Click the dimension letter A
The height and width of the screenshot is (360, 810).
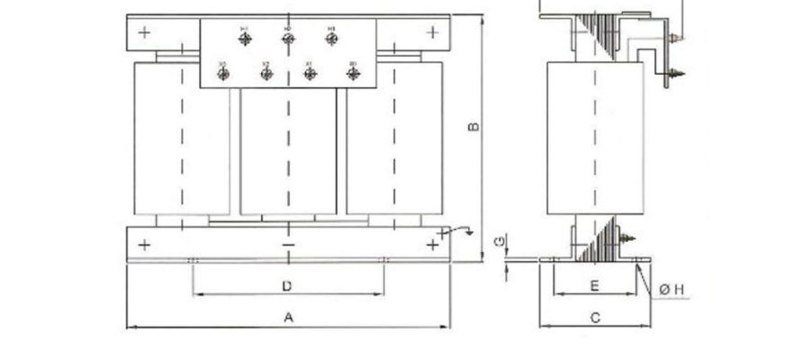288,317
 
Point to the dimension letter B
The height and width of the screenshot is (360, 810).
474,129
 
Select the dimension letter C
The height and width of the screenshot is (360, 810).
595,317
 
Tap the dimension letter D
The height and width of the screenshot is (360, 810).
286,286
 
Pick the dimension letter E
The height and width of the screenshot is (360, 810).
594,285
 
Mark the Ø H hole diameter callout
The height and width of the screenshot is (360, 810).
672,289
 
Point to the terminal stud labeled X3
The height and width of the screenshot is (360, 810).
223,73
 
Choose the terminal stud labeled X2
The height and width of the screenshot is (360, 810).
266,73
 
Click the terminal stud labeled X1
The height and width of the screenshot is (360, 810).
309,73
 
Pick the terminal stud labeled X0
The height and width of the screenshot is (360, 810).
352,73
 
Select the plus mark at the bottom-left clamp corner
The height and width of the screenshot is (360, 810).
144,244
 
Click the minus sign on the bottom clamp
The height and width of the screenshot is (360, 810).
288,244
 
